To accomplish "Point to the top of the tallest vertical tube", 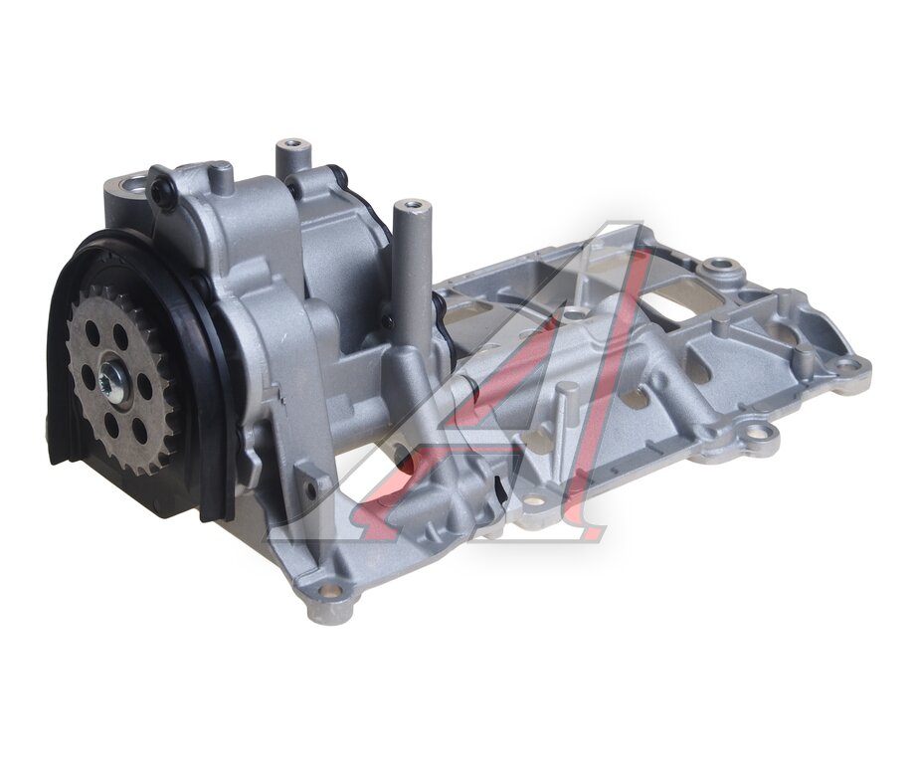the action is (410, 206).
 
